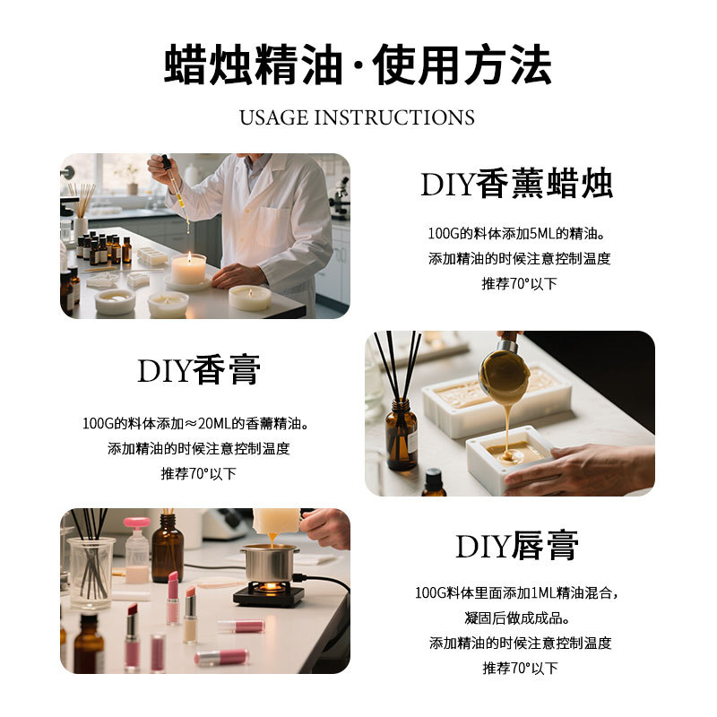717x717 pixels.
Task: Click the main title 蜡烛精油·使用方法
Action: click(358, 65)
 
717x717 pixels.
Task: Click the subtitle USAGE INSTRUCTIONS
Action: click(358, 117)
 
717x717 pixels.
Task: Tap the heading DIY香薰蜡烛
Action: click(517, 184)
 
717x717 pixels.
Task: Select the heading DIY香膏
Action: click(199, 370)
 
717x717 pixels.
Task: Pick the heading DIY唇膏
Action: click(517, 546)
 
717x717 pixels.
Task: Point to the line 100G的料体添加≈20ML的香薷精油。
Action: click(198, 423)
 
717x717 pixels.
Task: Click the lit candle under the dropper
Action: click(188, 269)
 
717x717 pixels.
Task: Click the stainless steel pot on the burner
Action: click(269, 562)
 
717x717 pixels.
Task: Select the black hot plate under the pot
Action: click(269, 593)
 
